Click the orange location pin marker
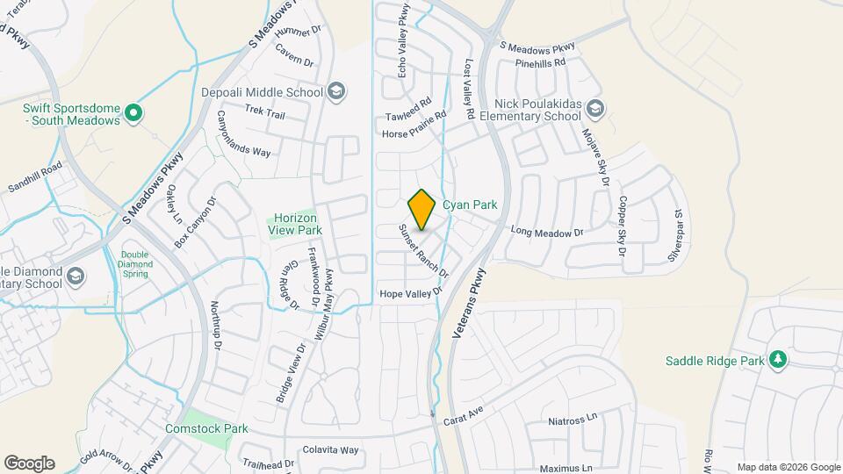tap(422, 209)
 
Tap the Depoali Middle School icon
tap(335, 91)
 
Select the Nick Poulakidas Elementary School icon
tap(595, 109)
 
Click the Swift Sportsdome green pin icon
tap(133, 111)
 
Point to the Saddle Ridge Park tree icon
tap(777, 360)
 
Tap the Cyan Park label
tap(470, 205)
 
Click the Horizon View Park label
tap(295, 224)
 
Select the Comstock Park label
tap(206, 428)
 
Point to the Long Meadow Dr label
tap(547, 232)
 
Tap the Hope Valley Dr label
tap(408, 293)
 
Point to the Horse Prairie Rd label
tap(415, 125)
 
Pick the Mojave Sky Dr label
tap(594, 157)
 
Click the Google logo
tap(29, 463)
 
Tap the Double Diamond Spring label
tap(135, 264)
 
